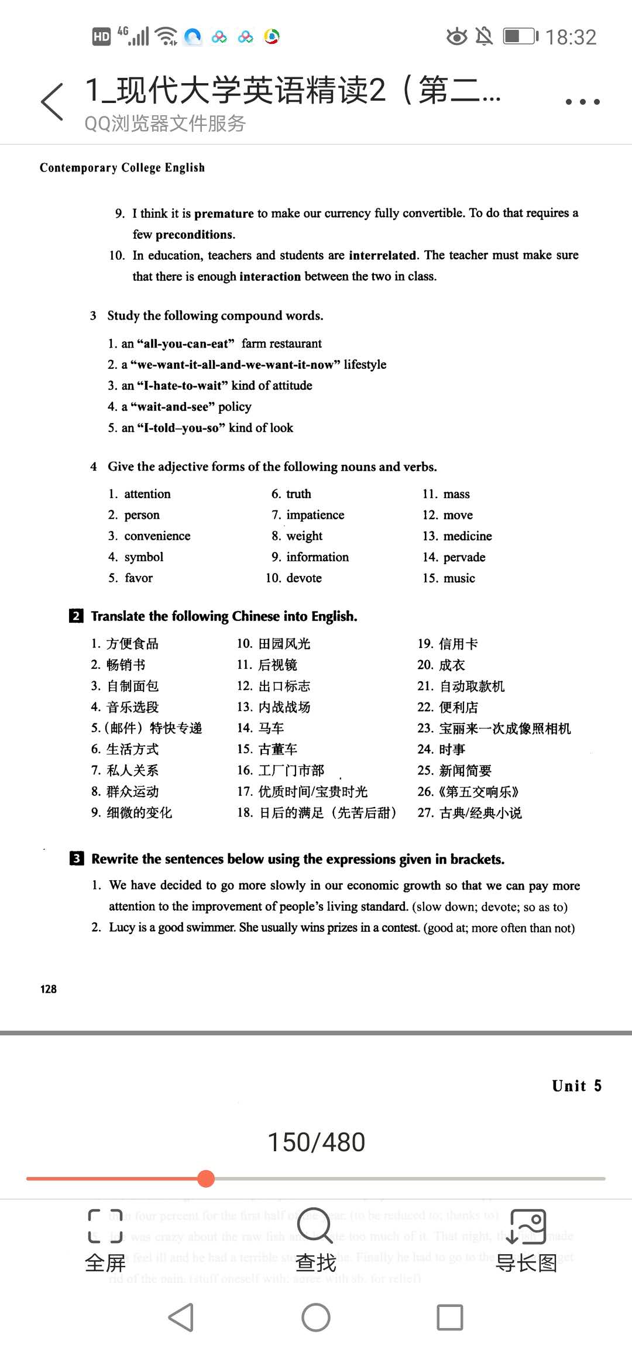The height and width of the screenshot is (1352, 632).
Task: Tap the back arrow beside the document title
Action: tap(52, 102)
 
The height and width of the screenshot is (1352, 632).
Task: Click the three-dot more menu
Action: tap(582, 102)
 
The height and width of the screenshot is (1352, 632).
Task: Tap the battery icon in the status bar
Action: tap(520, 37)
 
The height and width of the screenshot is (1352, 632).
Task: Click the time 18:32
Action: tap(571, 37)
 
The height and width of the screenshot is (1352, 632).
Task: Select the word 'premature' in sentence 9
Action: tap(224, 214)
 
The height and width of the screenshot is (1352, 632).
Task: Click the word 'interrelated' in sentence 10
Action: tap(383, 255)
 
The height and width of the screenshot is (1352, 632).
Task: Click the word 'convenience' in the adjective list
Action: tap(157, 536)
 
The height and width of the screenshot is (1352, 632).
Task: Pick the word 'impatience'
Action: tap(315, 515)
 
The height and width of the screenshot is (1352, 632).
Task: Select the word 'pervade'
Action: tap(464, 557)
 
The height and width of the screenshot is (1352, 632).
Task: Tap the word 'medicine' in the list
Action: tap(468, 536)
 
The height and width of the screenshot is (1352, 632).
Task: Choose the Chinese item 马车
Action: tap(271, 729)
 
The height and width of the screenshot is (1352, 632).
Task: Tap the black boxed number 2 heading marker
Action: tap(76, 616)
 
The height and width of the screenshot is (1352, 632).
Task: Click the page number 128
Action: tap(49, 989)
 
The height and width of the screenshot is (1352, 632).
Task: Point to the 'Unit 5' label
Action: tap(576, 1086)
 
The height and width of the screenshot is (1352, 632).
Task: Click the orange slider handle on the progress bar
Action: tap(206, 1178)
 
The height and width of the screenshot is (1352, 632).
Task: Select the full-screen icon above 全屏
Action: tap(105, 1226)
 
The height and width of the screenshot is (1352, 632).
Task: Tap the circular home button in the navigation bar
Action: tap(316, 1317)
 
